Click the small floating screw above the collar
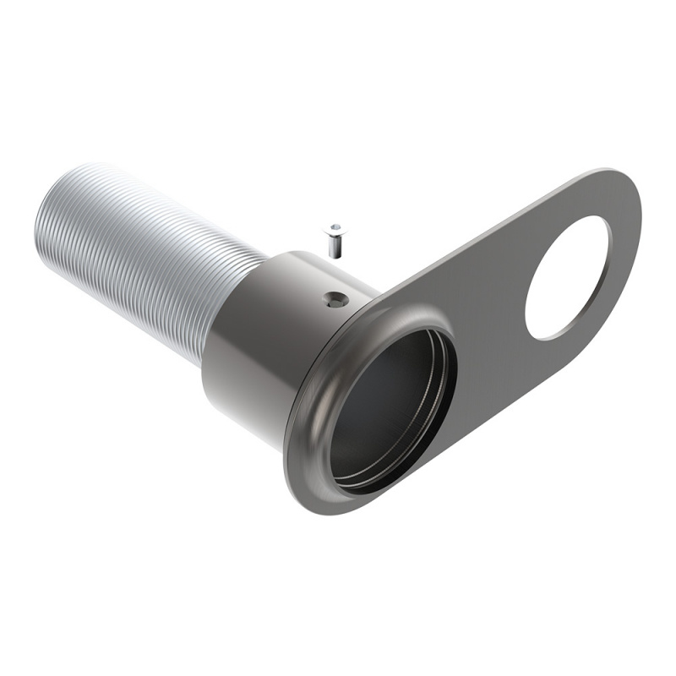[x=335, y=238]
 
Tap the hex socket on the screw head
[x=336, y=228]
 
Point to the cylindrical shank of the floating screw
[x=335, y=245]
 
